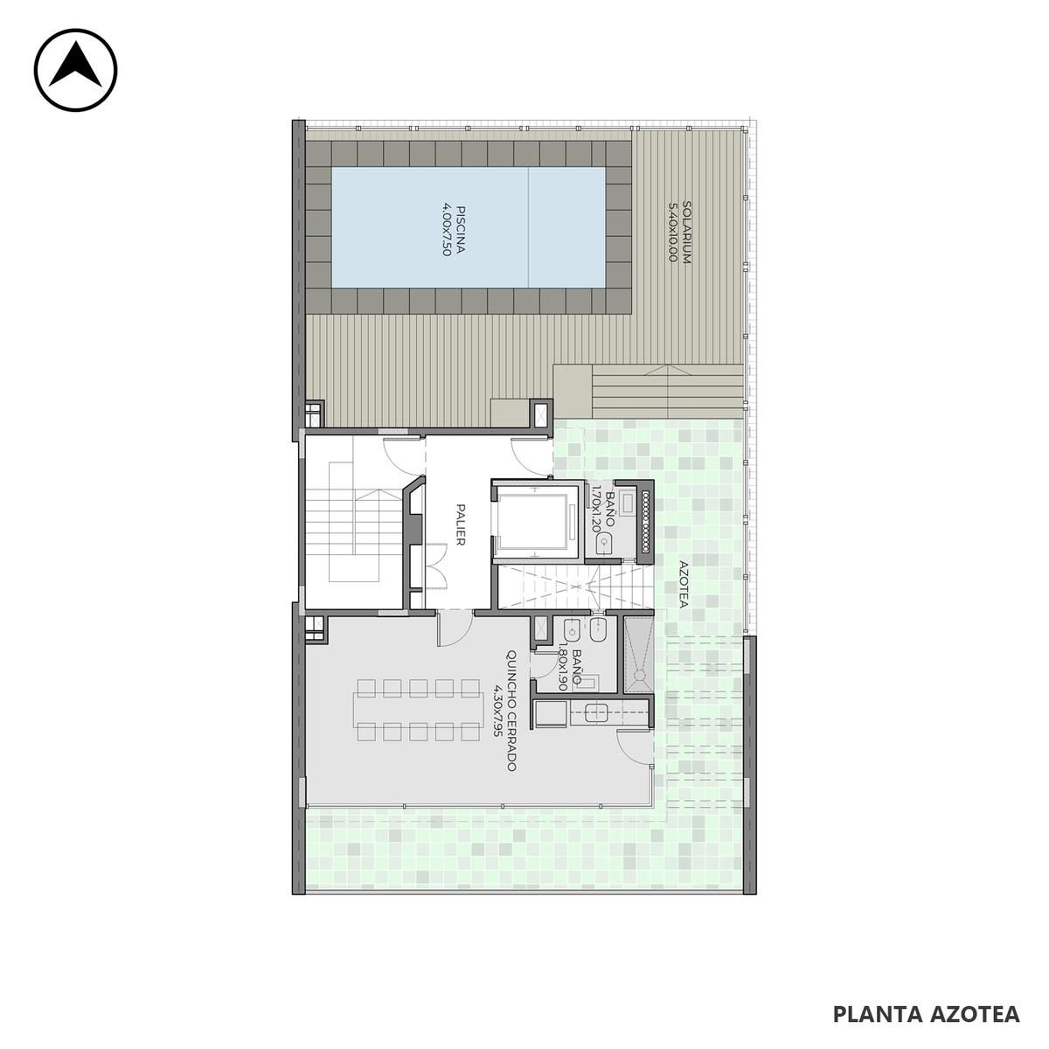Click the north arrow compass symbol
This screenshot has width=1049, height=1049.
pos(76,70)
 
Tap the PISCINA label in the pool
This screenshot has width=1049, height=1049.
pos(461,229)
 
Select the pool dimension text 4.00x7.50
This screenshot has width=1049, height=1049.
pos(447,229)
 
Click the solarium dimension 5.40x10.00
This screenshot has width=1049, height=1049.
pos(673,233)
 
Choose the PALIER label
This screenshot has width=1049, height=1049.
pos(461,524)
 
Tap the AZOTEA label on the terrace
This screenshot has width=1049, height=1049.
pos(684,584)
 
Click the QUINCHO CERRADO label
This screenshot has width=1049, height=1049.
pos(511,711)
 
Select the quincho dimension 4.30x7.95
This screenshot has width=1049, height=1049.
pos(497,711)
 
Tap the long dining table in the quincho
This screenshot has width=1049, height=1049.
pos(418,709)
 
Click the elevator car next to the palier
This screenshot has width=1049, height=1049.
pos(536,519)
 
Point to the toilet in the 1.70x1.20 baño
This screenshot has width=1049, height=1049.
pos(604,544)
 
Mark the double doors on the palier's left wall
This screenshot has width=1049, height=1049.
pos(436,566)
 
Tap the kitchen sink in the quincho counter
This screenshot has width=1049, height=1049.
pos(597,713)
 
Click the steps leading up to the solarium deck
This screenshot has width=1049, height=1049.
pos(667,392)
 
